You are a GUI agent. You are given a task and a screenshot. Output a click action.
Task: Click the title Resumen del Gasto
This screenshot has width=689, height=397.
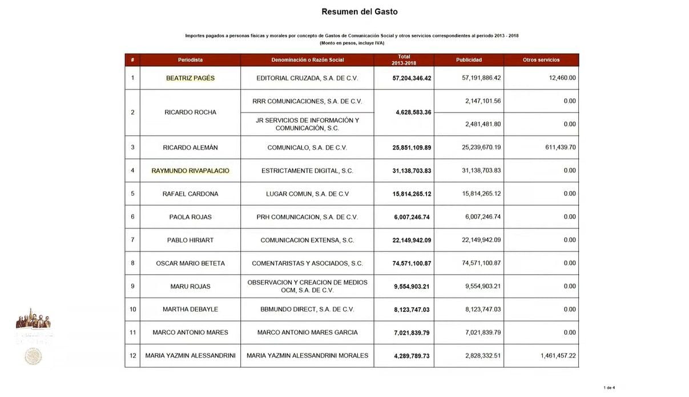[360, 11]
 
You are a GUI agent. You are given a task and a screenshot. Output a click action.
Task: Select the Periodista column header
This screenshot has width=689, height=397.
[190, 60]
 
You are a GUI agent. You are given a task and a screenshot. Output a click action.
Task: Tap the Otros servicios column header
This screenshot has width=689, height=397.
[541, 60]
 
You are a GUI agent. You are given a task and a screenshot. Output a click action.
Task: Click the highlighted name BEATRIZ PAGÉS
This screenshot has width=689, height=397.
[190, 78]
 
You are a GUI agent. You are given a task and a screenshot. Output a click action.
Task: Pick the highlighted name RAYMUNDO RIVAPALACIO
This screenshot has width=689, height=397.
[190, 171]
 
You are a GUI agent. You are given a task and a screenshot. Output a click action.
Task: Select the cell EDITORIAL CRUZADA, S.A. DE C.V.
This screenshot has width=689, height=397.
[307, 78]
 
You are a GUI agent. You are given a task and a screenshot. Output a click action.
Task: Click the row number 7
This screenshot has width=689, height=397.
[132, 240]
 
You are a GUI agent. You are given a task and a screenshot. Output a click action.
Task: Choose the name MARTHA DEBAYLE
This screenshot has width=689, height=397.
[190, 310]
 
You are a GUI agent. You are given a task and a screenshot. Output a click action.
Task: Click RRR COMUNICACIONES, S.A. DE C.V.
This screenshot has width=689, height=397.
[307, 101]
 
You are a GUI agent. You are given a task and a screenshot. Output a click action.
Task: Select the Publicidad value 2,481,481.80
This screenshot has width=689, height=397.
[481, 124]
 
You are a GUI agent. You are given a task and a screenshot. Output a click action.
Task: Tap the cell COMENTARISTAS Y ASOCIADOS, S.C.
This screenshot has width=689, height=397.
[307, 263]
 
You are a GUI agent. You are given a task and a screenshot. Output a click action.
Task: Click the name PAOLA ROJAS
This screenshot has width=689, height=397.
[190, 217]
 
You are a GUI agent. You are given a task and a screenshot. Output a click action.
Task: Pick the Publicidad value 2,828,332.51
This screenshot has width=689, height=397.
[481, 356]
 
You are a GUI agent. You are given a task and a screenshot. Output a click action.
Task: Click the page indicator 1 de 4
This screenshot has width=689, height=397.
[609, 388]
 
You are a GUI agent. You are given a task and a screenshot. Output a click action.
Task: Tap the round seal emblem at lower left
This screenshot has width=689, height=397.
[33, 356]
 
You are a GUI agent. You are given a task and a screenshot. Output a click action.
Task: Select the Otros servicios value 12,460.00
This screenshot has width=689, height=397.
[562, 78]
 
